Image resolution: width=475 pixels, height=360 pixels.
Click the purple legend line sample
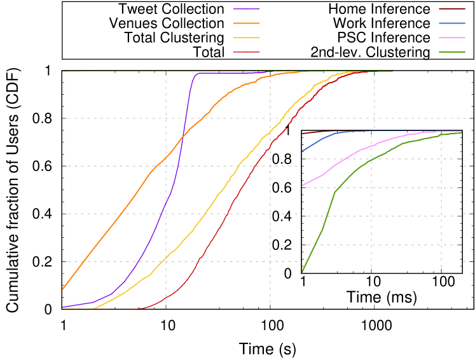coord(246,9)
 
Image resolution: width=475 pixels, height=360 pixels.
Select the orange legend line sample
coord(246,23)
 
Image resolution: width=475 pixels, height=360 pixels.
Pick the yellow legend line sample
coord(246,38)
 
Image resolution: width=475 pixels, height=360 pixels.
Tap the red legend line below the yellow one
coord(246,52)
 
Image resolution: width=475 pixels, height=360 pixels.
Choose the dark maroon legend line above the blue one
coord(451,9)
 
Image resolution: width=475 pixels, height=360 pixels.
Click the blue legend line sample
coord(451,23)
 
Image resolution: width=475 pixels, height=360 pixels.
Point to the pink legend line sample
coord(451,38)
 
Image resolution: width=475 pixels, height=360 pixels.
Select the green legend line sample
coord(451,52)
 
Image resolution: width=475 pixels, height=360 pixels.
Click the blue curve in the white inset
coord(322,139)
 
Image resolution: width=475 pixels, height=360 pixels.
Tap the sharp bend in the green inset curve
coord(334,192)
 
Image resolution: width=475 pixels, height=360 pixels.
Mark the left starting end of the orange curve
coord(62,289)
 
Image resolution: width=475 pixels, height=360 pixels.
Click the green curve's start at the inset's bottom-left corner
coord(302,272)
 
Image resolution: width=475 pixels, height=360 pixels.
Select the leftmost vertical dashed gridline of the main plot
coord(166,191)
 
